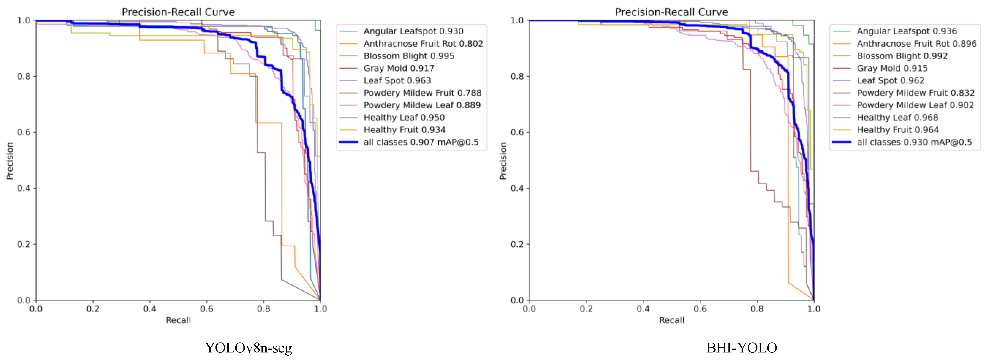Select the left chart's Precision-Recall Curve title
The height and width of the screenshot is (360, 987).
(x=178, y=12)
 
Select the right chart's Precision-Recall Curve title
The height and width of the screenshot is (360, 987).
(x=671, y=12)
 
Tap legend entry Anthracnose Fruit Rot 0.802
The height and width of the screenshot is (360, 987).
(x=423, y=44)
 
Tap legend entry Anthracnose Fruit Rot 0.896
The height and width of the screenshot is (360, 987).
(x=916, y=44)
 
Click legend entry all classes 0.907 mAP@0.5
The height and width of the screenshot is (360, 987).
(x=421, y=142)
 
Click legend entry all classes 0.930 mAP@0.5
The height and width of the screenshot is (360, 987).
(x=914, y=142)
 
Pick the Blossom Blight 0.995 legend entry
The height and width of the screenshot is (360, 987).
(x=409, y=56)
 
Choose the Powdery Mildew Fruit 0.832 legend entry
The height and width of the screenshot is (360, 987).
(x=915, y=93)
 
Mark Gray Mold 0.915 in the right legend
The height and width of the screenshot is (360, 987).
(x=892, y=68)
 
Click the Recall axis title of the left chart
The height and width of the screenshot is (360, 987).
(x=178, y=320)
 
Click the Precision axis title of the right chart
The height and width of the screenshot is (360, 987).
(x=503, y=161)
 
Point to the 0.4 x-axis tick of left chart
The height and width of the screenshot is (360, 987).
(x=150, y=309)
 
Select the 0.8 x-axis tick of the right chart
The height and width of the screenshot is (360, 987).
(x=757, y=309)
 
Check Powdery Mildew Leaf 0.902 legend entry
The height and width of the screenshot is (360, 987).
(x=915, y=105)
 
